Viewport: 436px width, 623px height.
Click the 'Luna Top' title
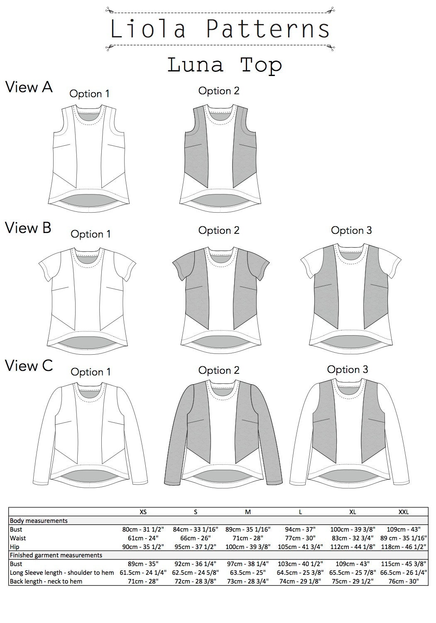coord(225,66)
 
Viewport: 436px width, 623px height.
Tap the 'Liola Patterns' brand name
coord(220,29)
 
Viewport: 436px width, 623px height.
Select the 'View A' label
coord(29,87)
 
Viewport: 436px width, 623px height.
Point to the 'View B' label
coord(28,228)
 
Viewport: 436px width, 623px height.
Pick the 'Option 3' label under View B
coord(351,230)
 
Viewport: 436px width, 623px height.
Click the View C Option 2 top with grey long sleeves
coord(223,435)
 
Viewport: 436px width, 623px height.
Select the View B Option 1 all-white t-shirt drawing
coord(87,301)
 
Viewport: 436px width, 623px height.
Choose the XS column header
coord(143,512)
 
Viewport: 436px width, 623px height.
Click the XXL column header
coord(404,512)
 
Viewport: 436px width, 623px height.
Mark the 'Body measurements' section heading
coord(39,521)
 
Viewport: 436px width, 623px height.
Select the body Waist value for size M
coord(248,538)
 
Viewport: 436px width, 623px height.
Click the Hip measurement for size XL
coord(353,547)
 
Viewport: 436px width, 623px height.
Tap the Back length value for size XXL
coord(404,581)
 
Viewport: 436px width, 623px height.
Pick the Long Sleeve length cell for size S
coord(196,573)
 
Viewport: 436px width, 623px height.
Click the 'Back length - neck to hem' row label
coord(46,581)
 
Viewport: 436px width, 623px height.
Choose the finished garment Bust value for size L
coord(300,564)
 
